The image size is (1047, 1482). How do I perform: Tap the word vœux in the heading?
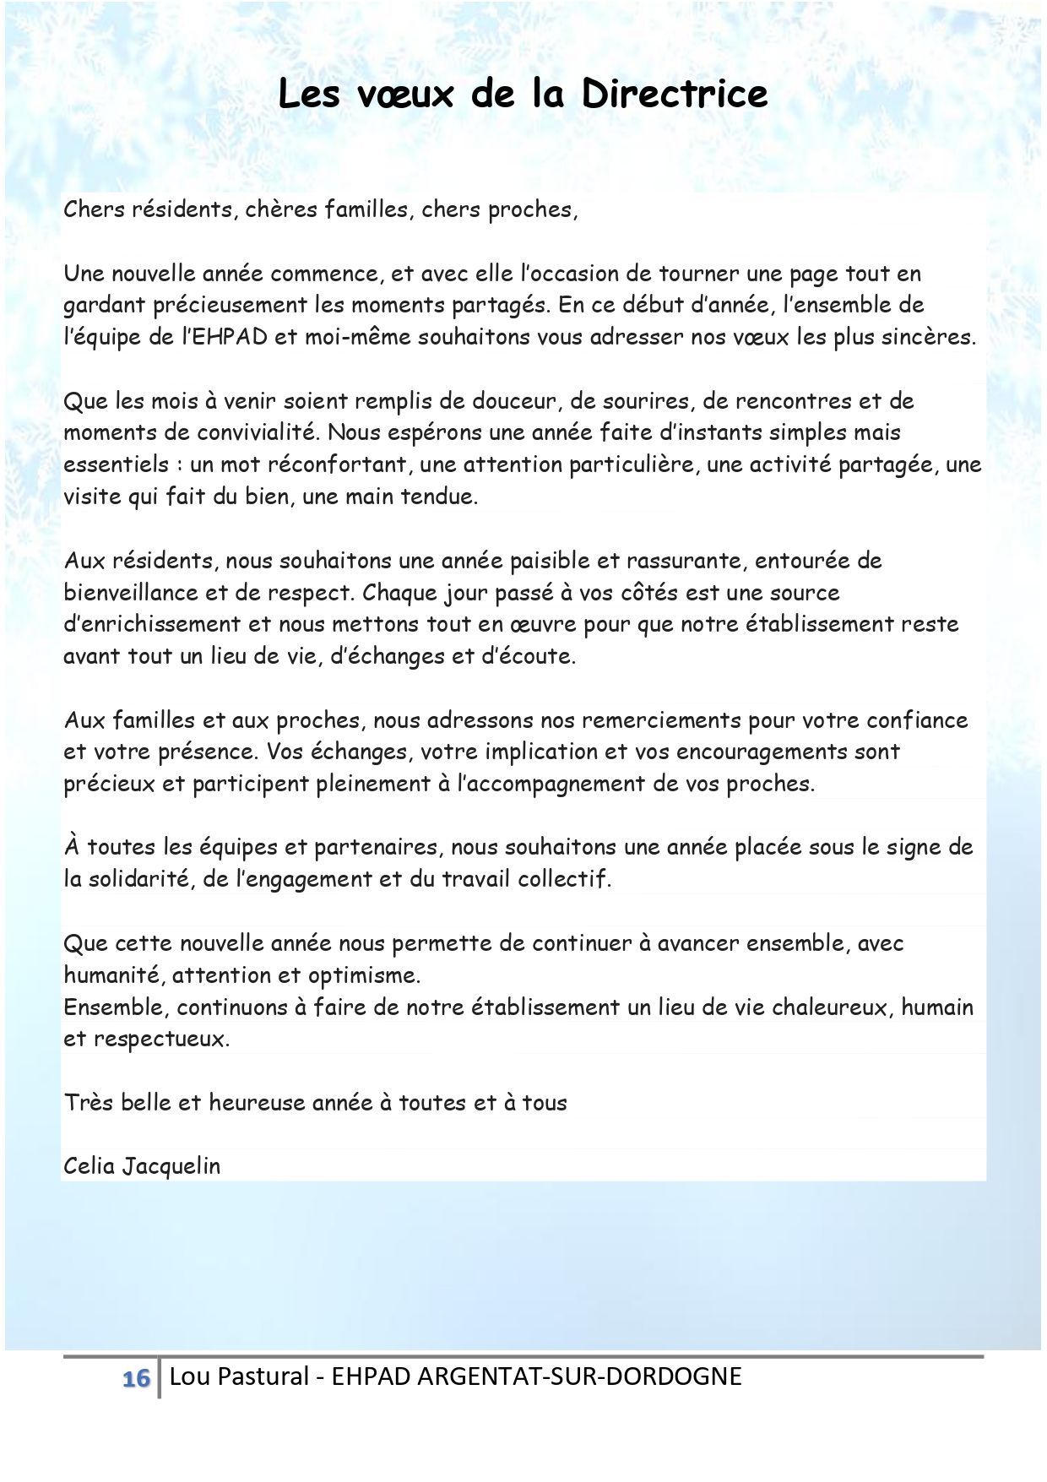click(406, 95)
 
